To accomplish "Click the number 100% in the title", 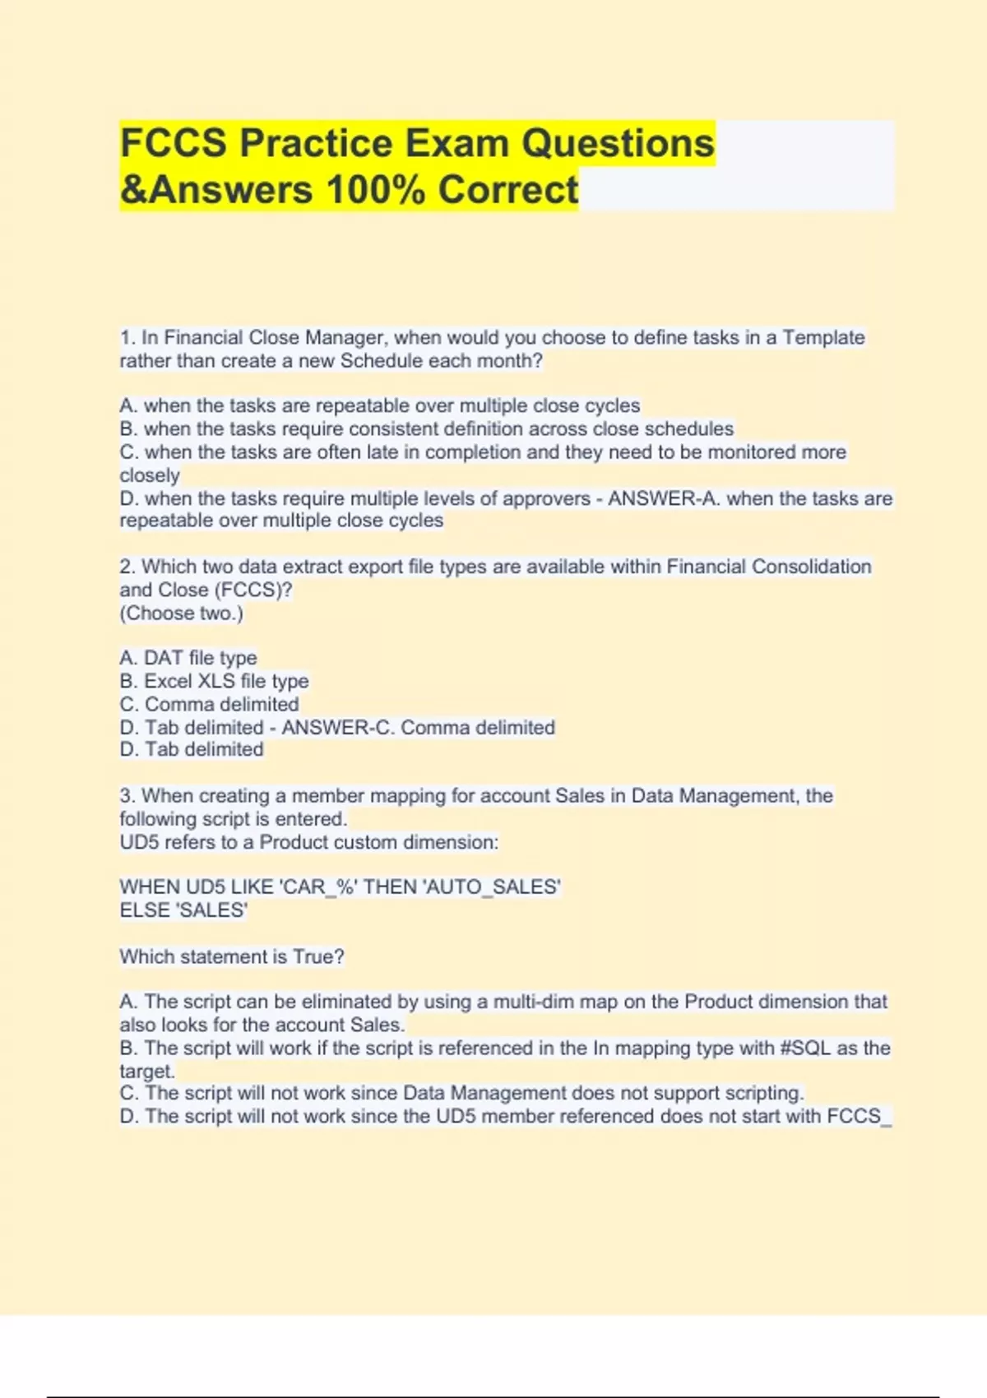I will coord(376,189).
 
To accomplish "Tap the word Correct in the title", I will coord(508,189).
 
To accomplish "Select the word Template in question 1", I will coord(823,337).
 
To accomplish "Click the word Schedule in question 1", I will coord(381,361).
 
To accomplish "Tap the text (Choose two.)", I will coord(181,613).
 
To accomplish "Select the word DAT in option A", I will coord(163,658).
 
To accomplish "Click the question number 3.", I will coord(127,795).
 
